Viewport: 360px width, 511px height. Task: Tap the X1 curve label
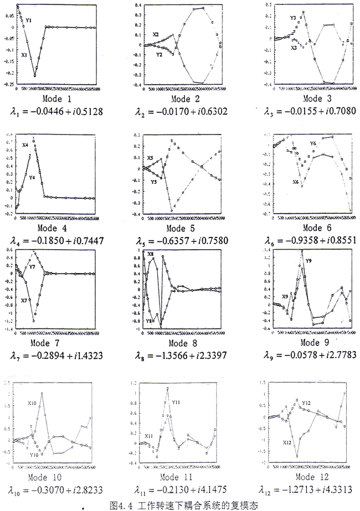click(24, 55)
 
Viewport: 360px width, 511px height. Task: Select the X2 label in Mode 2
click(156, 34)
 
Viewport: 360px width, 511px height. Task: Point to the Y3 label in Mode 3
click(294, 18)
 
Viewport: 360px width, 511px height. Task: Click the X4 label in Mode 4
click(25, 145)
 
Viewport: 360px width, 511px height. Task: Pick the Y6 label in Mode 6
click(313, 143)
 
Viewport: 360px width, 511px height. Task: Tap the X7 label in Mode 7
click(24, 300)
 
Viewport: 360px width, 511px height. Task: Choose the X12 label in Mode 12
click(287, 442)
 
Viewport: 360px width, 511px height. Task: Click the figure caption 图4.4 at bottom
click(181, 505)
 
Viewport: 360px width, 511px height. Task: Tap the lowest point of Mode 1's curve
click(35, 75)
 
